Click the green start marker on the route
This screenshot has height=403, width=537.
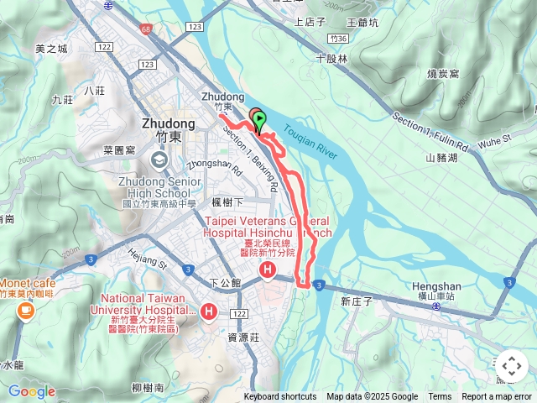click(259, 120)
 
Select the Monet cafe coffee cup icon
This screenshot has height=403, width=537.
click(24, 311)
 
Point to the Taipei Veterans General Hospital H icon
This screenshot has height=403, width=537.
click(268, 270)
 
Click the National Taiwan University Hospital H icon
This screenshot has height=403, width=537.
click(208, 312)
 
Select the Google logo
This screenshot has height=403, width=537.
click(31, 391)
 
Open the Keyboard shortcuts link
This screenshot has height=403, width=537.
click(280, 397)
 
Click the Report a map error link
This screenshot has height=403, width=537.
click(497, 397)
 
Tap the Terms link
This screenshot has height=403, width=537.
click(440, 397)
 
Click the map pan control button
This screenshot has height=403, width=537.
click(511, 366)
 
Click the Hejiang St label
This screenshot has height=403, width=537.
click(146, 257)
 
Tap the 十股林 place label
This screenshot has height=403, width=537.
click(331, 59)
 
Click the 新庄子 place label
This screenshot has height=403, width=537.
click(356, 301)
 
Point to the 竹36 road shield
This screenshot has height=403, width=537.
click(339, 39)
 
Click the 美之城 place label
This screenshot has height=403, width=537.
click(51, 49)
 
